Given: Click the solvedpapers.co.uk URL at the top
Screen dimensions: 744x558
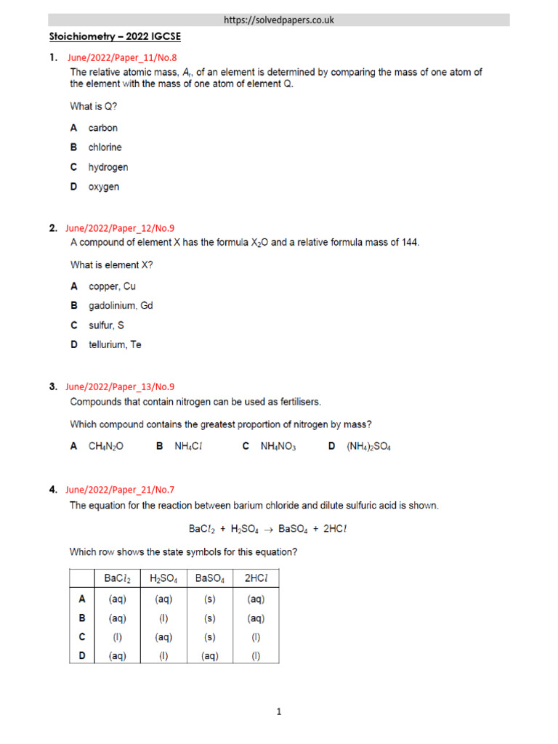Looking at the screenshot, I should tap(280, 20).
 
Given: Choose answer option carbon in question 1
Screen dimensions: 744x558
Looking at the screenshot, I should tap(102, 128).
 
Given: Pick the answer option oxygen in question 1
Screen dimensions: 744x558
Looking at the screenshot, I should tap(104, 187).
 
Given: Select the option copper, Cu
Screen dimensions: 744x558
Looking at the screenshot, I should tap(112, 286).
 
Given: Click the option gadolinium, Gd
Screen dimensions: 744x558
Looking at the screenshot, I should tap(121, 306).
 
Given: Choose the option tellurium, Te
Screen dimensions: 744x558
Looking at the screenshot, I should tap(115, 345).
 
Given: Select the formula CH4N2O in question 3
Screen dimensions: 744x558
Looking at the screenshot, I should tap(106, 447).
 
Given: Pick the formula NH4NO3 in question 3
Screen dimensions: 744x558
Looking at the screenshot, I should tap(278, 447).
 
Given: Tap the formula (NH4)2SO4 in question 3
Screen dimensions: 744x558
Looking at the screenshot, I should tap(368, 447).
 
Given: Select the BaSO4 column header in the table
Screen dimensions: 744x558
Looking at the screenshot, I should tap(209, 578).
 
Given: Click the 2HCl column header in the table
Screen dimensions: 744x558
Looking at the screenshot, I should tap(255, 578).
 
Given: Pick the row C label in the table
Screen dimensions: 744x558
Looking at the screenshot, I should tap(82, 637).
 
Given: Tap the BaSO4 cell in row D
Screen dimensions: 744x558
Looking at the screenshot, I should tap(209, 656).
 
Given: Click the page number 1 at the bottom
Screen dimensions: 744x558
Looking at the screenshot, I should tap(279, 712).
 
